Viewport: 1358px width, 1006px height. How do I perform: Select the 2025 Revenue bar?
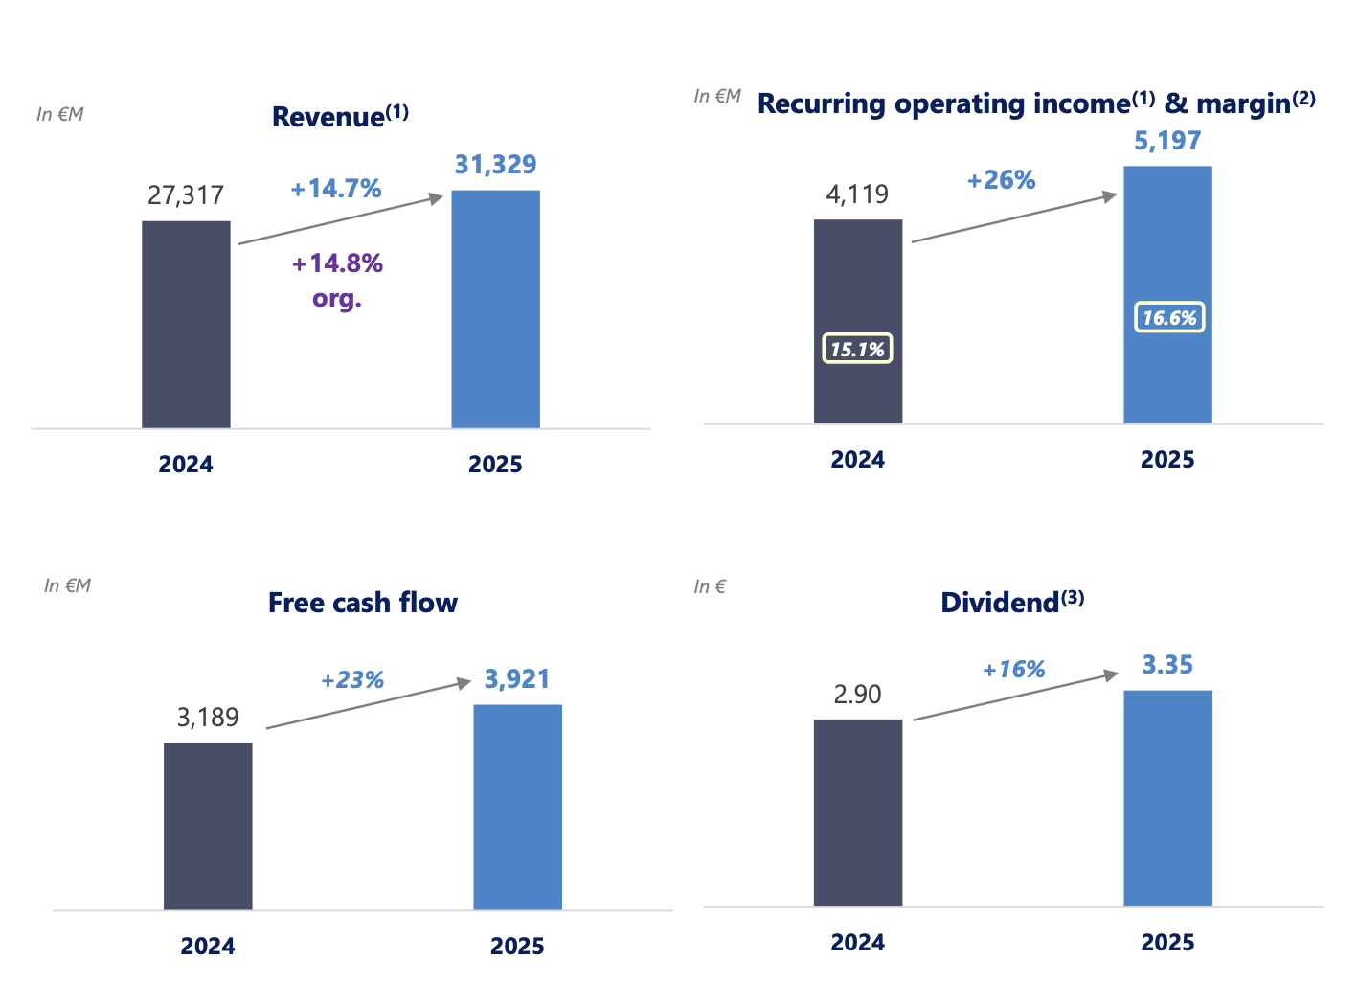[495, 309]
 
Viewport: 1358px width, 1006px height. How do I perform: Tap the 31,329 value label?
[495, 165]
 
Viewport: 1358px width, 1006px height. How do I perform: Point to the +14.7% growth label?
[336, 189]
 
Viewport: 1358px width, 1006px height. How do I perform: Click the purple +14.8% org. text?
[337, 280]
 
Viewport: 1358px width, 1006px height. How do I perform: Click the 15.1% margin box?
[857, 349]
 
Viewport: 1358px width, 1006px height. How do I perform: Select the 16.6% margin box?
[1169, 318]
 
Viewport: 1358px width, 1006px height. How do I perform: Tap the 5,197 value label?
[1167, 141]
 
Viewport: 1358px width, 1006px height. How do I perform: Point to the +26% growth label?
[1001, 180]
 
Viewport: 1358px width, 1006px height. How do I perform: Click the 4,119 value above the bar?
[857, 194]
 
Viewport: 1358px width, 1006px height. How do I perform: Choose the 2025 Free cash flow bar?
[517, 807]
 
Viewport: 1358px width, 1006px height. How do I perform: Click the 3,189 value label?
[208, 718]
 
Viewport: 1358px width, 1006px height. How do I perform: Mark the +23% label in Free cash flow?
[352, 680]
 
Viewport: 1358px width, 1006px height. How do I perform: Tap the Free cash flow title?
[363, 603]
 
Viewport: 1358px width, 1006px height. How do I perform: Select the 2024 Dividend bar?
[857, 812]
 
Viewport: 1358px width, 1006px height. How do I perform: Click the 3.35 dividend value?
[1167, 665]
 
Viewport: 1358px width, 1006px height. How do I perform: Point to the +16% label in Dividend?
[1013, 670]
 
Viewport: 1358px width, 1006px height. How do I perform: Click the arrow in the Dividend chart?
[1015, 697]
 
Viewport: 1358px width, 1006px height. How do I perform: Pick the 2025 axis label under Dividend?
[1167, 943]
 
